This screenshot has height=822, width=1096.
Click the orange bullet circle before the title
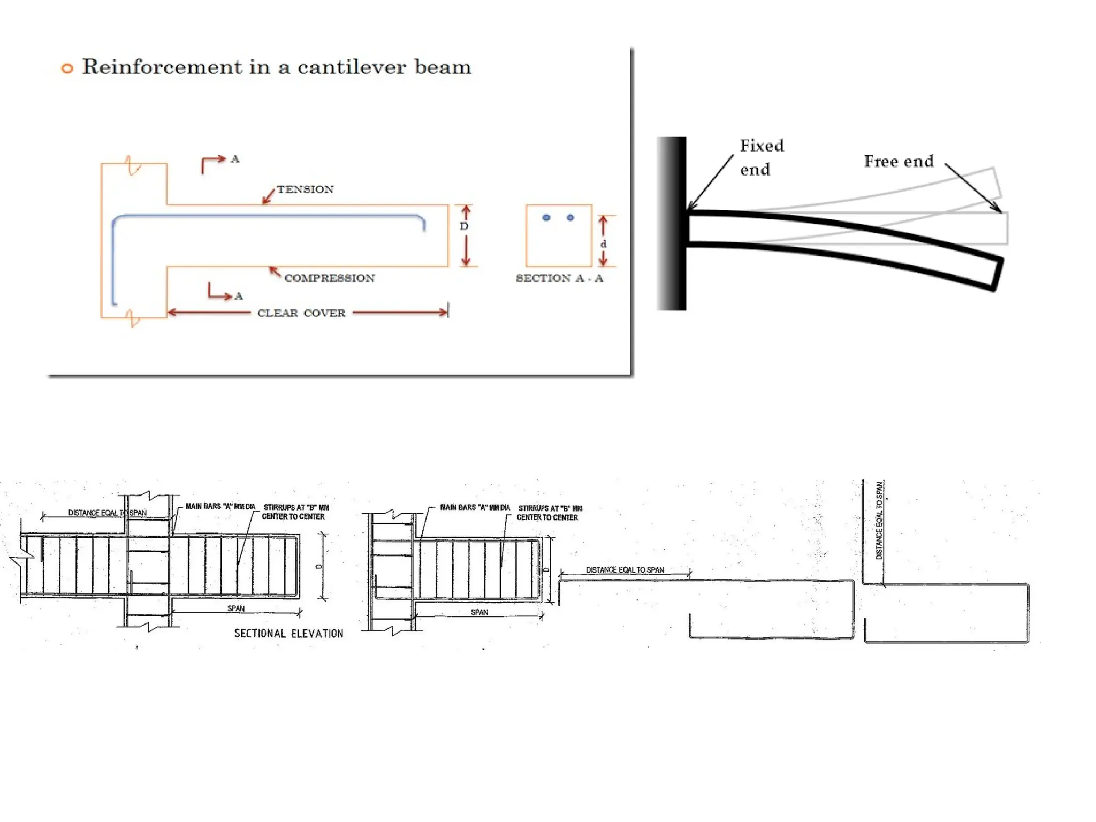(x=67, y=68)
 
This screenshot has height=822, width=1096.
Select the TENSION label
(x=305, y=189)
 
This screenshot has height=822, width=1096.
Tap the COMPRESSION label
(x=329, y=278)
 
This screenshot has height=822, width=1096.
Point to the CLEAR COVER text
(x=301, y=314)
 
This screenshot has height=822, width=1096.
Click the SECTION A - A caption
(x=559, y=278)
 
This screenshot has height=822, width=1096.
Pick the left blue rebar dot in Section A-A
(x=546, y=218)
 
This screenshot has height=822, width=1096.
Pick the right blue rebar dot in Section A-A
(x=570, y=218)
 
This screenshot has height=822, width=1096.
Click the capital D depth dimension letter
(x=464, y=226)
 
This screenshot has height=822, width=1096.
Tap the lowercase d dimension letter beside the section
(x=604, y=244)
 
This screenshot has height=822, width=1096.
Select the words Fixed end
(x=761, y=157)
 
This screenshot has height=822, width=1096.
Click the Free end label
(x=899, y=162)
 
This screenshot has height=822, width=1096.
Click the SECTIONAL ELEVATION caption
(x=288, y=634)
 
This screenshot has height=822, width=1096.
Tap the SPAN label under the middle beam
(x=479, y=612)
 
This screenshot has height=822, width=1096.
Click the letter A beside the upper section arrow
(x=235, y=159)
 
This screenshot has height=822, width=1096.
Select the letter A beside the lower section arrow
(x=239, y=296)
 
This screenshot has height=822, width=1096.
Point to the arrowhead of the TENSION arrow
(x=264, y=202)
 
